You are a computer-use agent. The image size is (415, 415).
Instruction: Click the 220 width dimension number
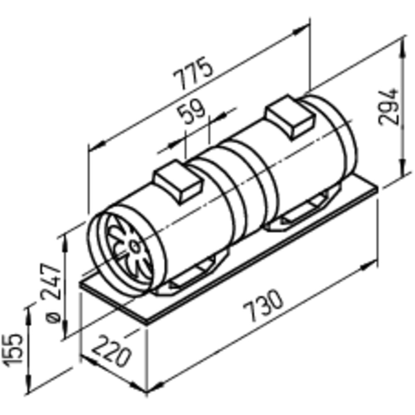coord(111,351)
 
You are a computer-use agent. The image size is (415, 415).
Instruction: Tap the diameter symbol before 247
coord(53,318)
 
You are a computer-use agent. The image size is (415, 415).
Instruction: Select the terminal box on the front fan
coord(179,182)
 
